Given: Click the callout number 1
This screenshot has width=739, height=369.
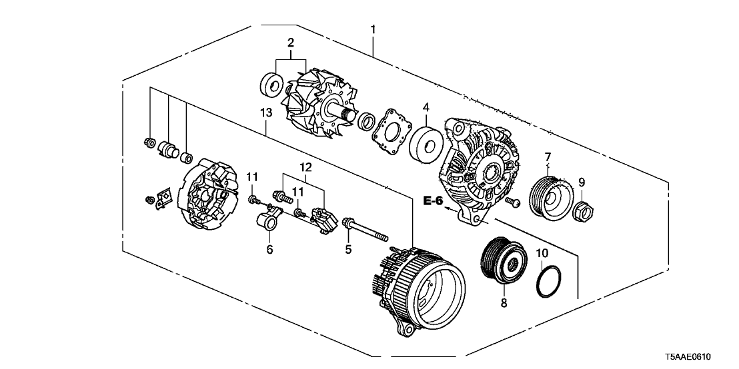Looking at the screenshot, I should pos(373,30).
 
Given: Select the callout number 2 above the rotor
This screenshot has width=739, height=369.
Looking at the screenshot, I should pos(291,43).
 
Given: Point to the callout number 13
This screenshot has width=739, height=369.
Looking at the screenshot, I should pos(266,114).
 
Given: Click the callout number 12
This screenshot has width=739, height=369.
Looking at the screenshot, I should pos(305,166).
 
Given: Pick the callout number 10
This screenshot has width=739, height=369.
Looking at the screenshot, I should pos(542,253).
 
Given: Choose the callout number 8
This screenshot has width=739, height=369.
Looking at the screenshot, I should pos(504,303).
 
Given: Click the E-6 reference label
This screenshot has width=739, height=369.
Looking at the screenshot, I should pos(434,199).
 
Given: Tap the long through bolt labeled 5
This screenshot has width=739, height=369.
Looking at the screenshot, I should pos(365,229).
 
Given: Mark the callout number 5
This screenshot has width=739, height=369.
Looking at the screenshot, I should pos(347,250).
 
